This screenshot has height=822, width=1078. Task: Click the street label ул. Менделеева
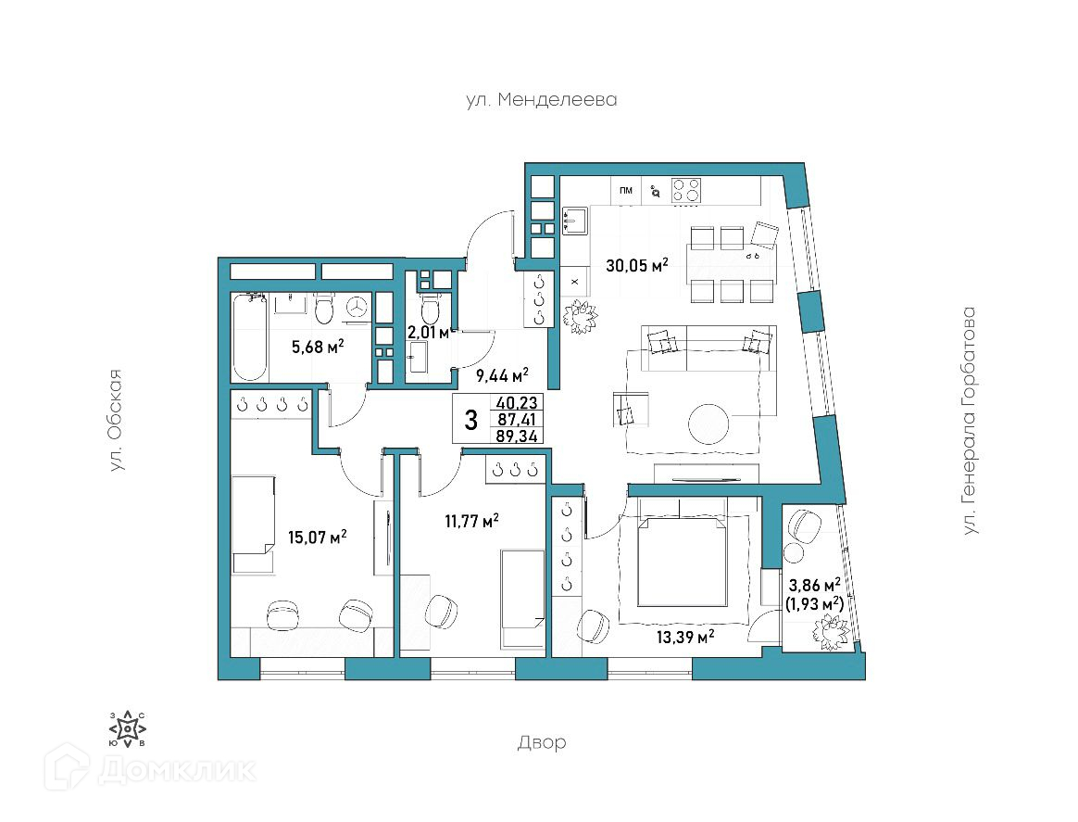click(541, 100)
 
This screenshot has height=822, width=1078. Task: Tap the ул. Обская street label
click(118, 421)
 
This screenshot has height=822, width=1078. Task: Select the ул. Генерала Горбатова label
click(969, 421)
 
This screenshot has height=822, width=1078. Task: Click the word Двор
click(542, 742)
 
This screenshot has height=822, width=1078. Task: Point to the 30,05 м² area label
click(636, 265)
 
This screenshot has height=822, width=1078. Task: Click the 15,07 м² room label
click(317, 537)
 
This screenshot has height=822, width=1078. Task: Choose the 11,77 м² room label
click(471, 521)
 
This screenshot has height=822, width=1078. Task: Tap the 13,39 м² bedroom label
click(684, 637)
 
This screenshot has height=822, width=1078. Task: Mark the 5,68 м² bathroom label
click(318, 347)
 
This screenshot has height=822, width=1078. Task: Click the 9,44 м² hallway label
click(502, 375)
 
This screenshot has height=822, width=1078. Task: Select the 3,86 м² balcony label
click(815, 586)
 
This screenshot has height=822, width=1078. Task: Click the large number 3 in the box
click(471, 419)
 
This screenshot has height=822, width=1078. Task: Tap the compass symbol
click(128, 728)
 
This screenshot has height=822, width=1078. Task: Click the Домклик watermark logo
click(151, 769)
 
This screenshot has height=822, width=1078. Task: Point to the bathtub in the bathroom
click(249, 337)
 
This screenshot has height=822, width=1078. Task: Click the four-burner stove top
click(686, 191)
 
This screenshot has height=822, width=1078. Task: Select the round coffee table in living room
click(708, 424)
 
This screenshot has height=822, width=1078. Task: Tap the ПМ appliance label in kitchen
click(626, 191)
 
